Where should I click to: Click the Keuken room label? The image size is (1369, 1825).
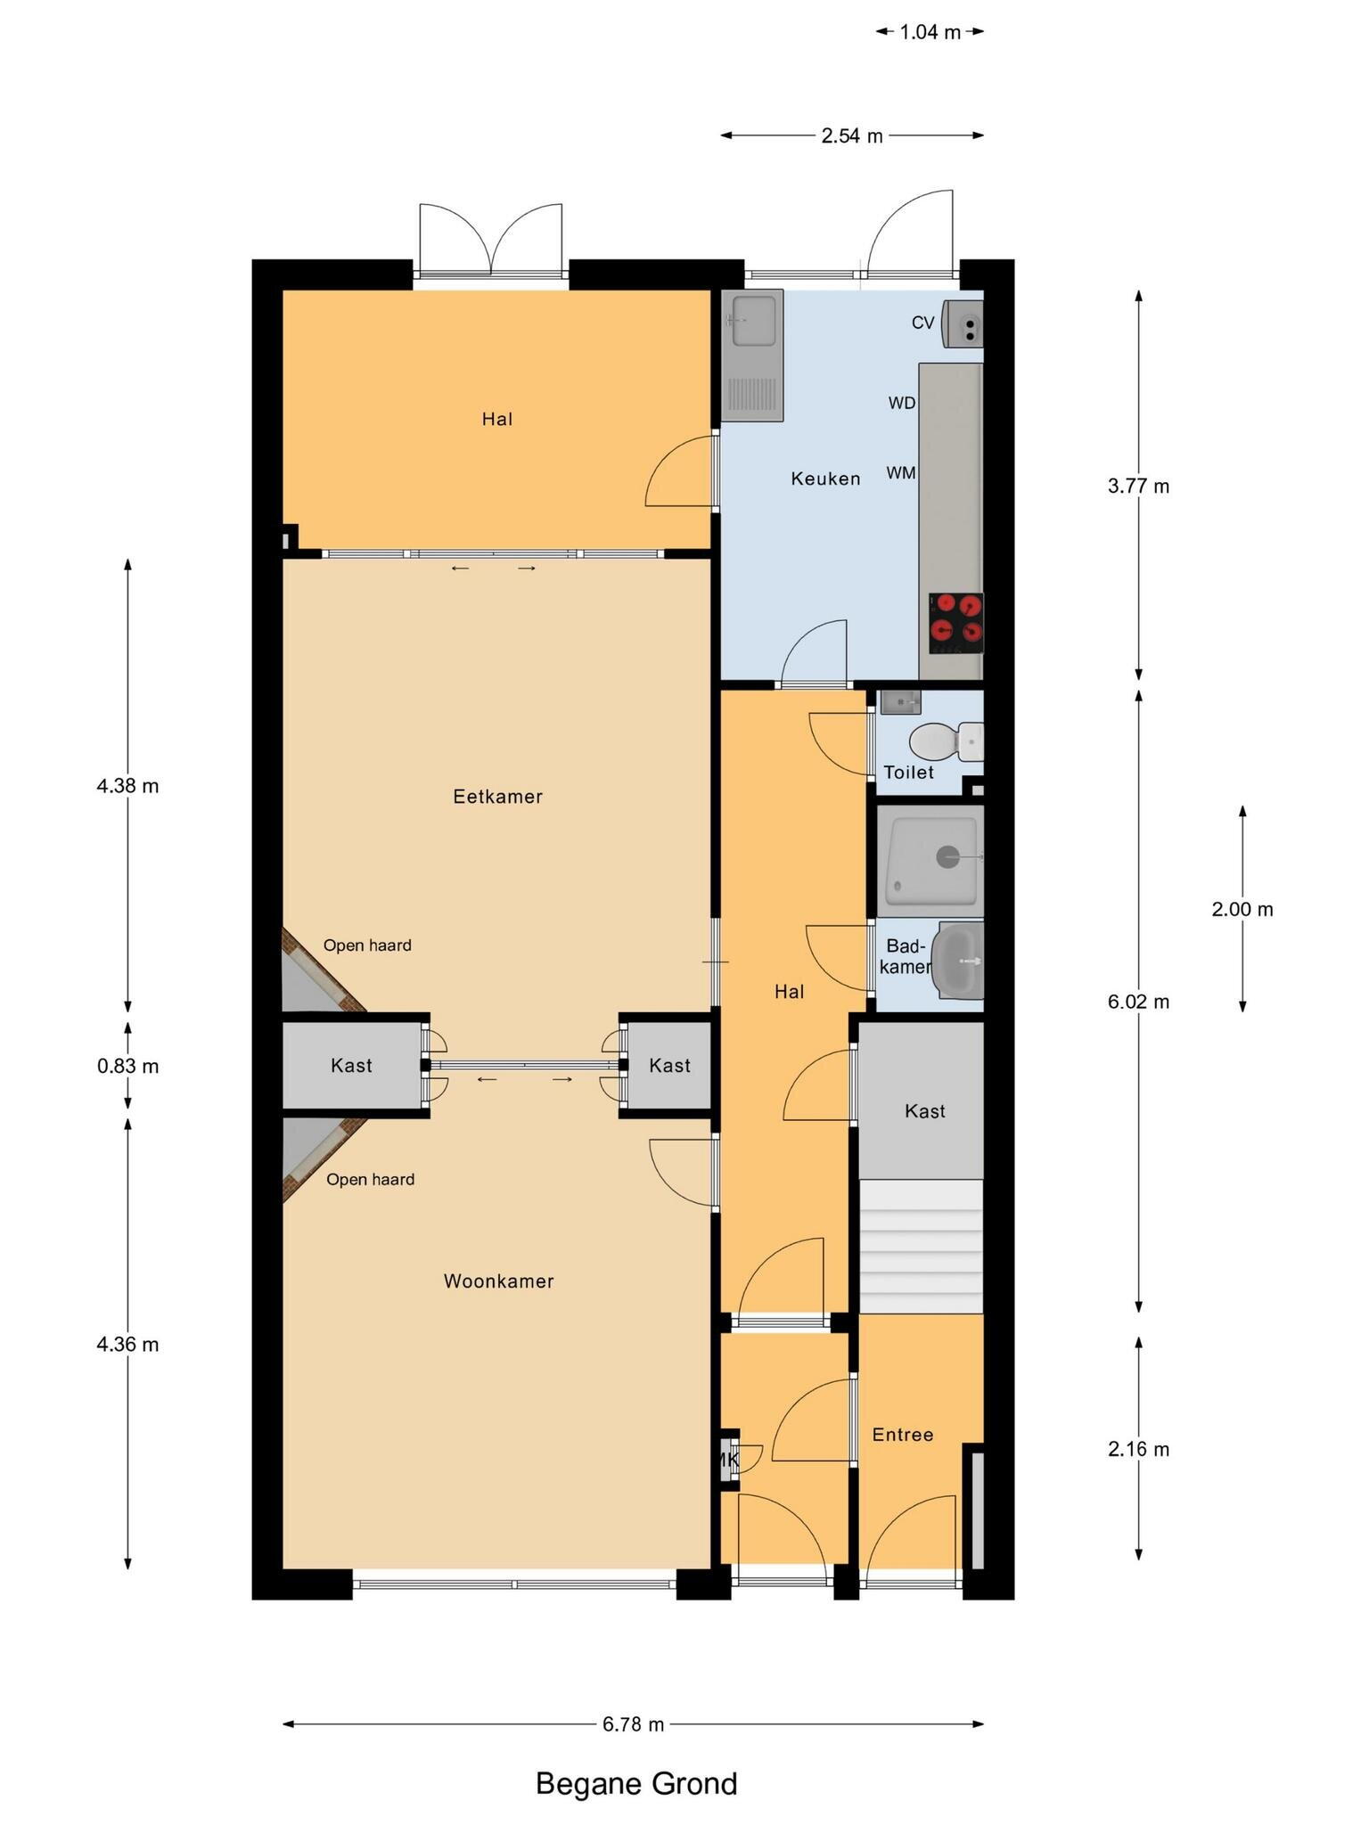(825, 479)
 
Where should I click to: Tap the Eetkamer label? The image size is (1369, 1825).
(497, 797)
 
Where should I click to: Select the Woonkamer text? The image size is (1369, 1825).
(498, 1281)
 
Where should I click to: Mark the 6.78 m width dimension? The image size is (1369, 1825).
(633, 1724)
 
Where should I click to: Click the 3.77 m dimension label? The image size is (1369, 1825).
(1138, 487)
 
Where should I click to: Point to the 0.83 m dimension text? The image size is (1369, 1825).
(127, 1066)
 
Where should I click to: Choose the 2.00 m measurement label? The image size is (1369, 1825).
(1242, 910)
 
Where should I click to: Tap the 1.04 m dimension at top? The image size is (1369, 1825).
(930, 33)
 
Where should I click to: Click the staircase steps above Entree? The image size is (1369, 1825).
(921, 1247)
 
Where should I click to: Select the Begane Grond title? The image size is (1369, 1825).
(635, 1784)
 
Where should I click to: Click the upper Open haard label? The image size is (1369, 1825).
(367, 945)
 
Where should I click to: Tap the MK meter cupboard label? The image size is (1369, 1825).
(728, 1460)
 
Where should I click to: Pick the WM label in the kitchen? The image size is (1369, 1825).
(900, 473)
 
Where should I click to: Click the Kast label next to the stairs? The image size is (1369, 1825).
(924, 1111)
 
